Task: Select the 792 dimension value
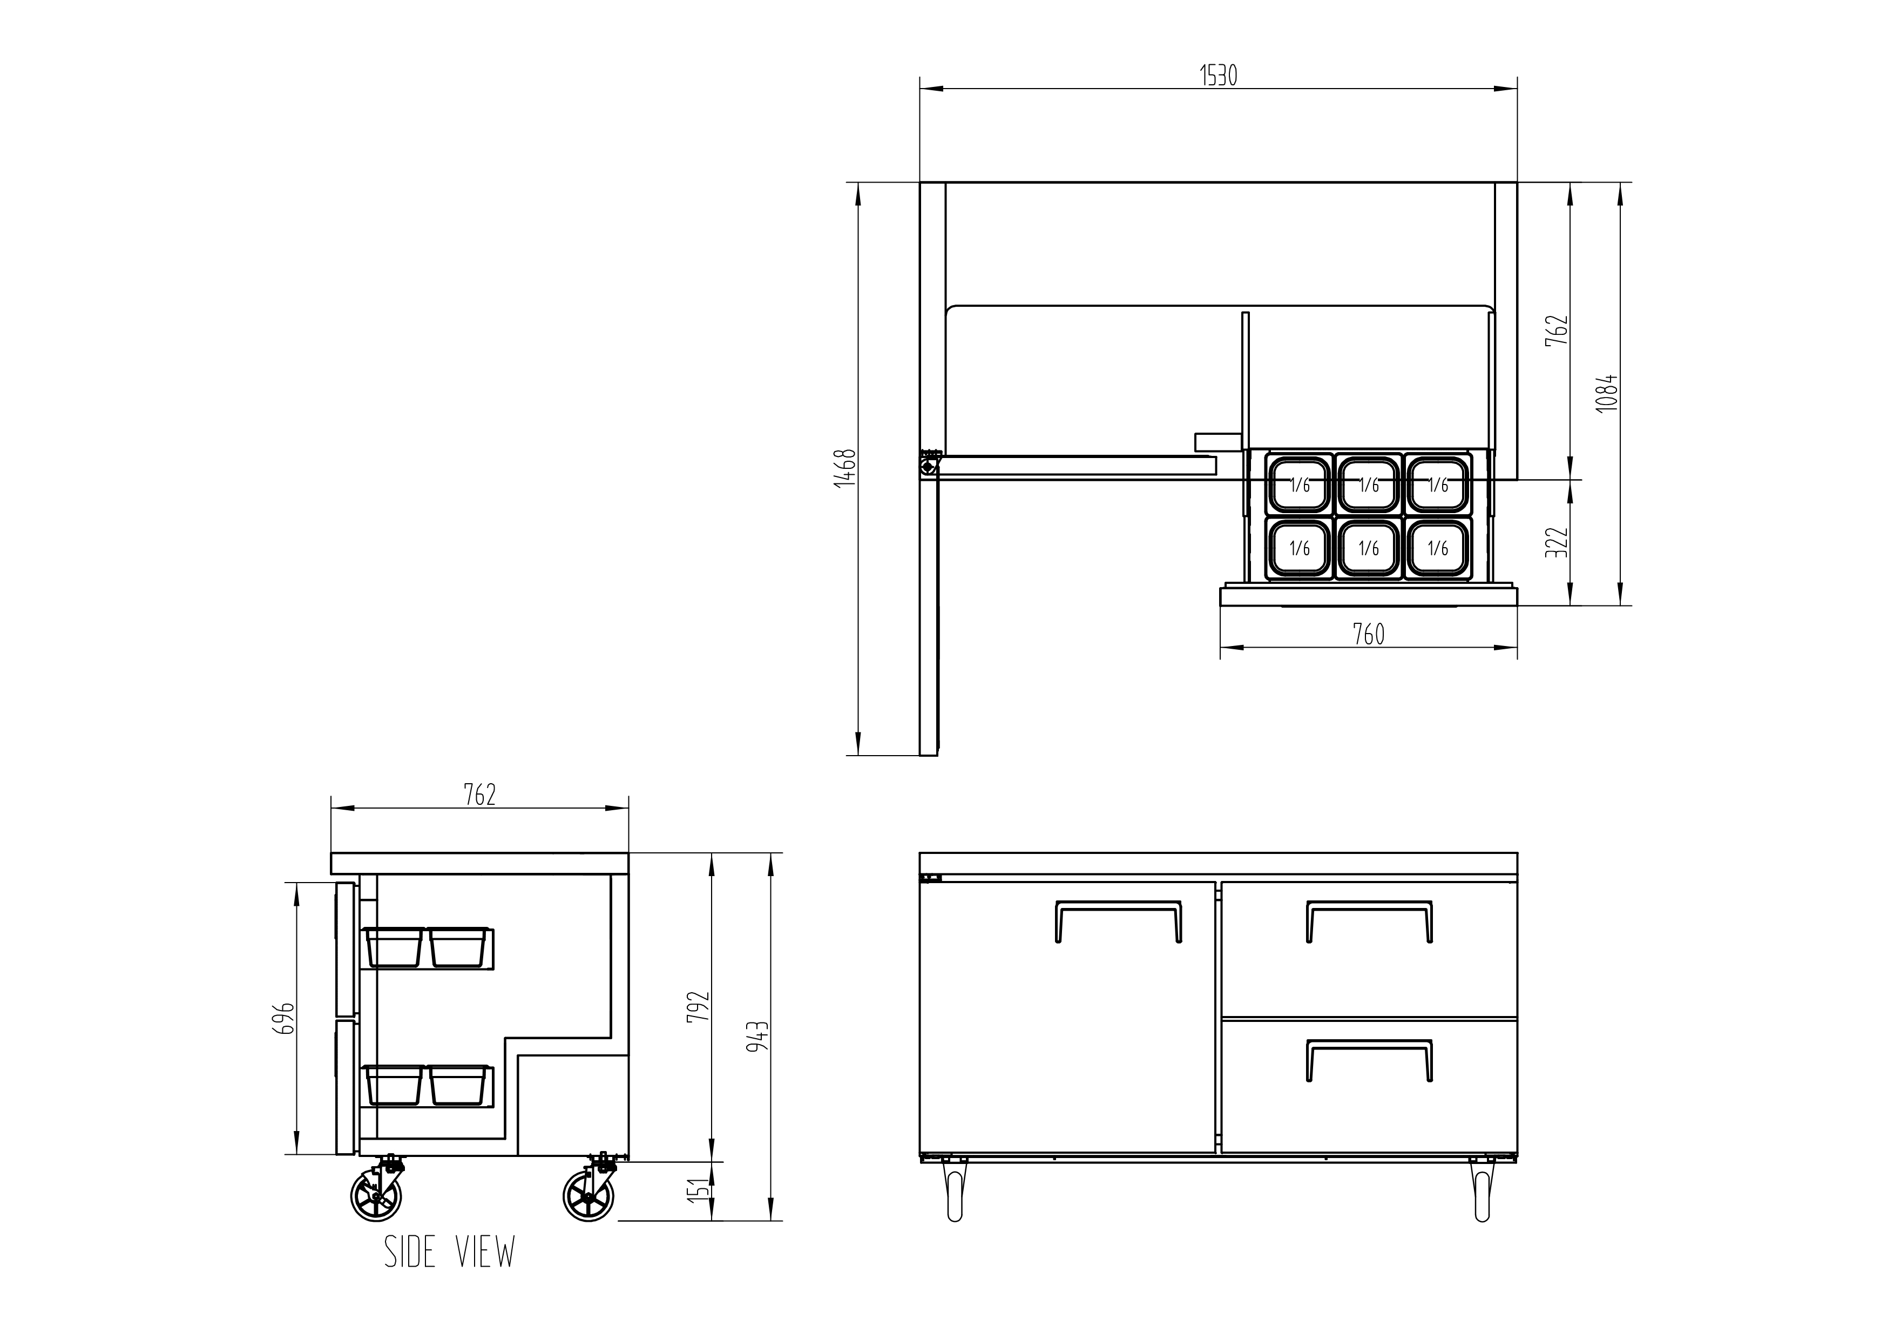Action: click(x=699, y=1006)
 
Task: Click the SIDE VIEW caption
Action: click(x=450, y=1251)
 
